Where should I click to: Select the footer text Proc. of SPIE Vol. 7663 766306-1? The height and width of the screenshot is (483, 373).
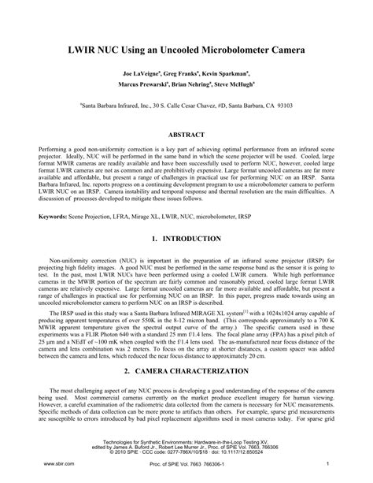pyautogui.click(x=187, y=466)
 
